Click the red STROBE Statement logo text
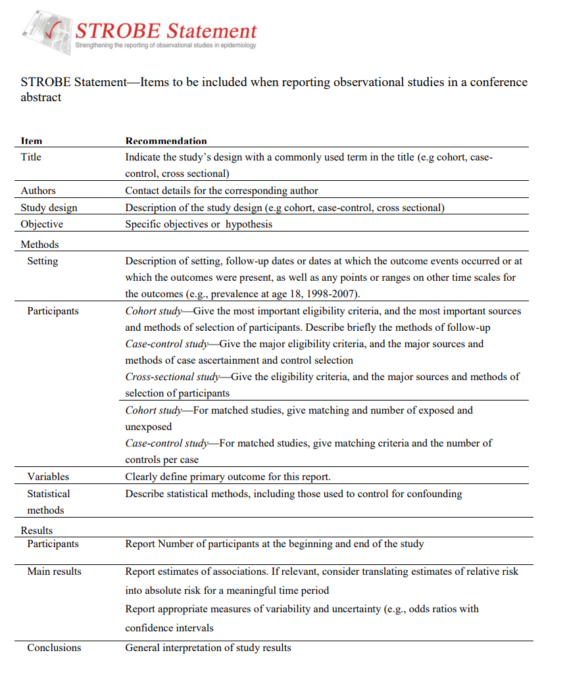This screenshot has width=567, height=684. [166, 30]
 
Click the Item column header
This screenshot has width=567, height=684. [32, 141]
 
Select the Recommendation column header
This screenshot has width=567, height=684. [166, 141]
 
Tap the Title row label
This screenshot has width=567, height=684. [31, 157]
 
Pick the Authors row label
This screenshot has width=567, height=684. [38, 191]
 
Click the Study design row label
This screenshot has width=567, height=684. [49, 208]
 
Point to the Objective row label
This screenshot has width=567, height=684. [42, 224]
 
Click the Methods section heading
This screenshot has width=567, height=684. [39, 245]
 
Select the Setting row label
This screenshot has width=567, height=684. [43, 261]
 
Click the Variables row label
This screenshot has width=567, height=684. [48, 477]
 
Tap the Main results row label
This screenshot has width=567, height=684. [54, 572]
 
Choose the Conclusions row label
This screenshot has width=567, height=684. [54, 648]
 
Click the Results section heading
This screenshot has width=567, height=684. [37, 530]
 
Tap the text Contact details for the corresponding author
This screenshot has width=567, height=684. [222, 191]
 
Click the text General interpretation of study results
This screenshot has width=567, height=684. [208, 648]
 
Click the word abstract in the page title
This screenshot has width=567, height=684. [41, 97]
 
